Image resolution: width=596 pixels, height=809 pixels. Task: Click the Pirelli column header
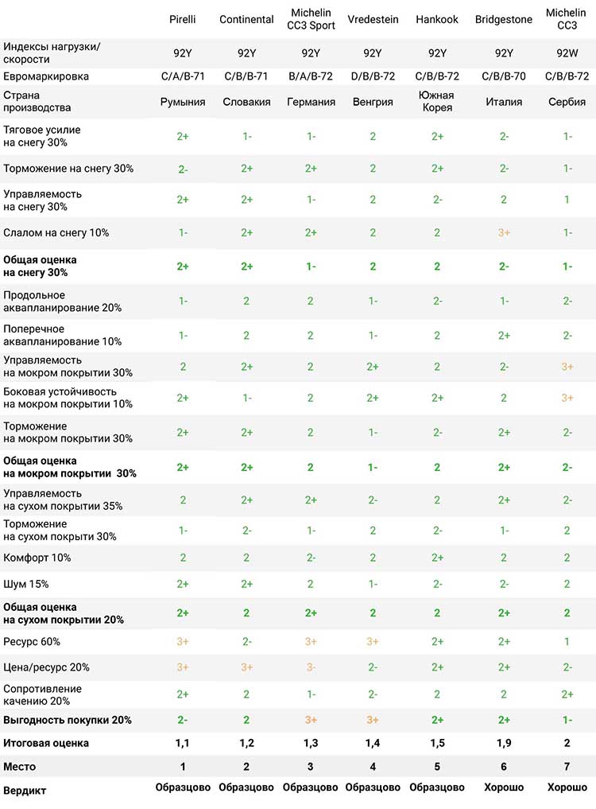click(x=183, y=20)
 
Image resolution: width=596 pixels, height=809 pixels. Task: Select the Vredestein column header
click(x=373, y=20)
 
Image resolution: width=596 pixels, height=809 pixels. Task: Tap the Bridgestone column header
click(x=504, y=20)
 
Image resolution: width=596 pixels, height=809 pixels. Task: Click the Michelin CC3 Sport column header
click(x=311, y=19)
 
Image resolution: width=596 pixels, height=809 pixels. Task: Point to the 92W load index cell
click(x=567, y=53)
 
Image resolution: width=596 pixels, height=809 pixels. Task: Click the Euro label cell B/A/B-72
click(x=311, y=76)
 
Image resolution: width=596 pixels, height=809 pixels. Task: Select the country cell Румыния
click(x=183, y=102)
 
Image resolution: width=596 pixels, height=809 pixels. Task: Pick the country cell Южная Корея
click(x=437, y=101)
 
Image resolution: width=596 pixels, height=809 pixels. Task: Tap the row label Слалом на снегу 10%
click(x=56, y=233)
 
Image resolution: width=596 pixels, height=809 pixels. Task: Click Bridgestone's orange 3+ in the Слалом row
click(x=504, y=233)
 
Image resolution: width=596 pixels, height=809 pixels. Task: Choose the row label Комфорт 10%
click(x=37, y=558)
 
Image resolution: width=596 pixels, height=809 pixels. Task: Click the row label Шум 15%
click(x=25, y=584)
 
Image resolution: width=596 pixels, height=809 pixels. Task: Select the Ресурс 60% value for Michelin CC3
click(x=567, y=642)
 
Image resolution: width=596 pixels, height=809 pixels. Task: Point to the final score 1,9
click(x=504, y=744)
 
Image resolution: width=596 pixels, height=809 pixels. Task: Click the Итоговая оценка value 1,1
click(x=183, y=744)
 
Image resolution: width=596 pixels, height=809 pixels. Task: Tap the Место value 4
click(x=373, y=767)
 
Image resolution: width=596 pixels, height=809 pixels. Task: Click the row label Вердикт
click(x=25, y=791)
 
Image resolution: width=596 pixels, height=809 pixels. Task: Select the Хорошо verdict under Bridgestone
click(x=504, y=788)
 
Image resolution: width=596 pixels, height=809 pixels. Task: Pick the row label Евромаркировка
click(x=46, y=76)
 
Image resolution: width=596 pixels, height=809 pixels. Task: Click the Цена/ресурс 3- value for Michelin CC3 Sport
click(x=311, y=667)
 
